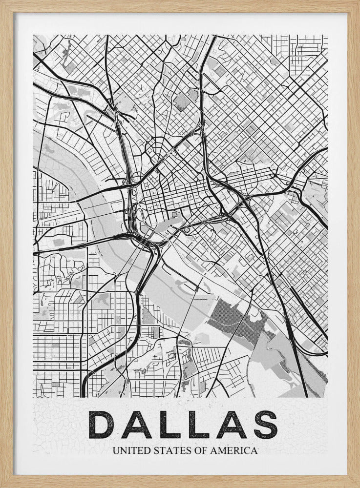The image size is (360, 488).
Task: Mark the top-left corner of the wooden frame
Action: (2, 2)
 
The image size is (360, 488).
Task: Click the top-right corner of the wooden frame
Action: (358, 2)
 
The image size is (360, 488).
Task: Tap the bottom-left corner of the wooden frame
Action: (2, 486)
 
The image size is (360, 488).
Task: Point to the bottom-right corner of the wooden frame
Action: (358, 486)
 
